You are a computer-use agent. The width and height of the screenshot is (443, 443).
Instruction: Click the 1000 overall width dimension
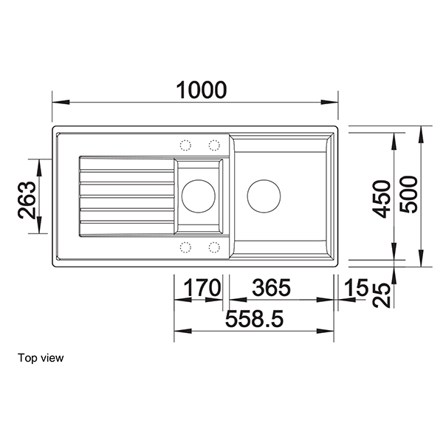(x=201, y=90)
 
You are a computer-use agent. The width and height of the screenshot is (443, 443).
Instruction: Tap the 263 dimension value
(x=27, y=199)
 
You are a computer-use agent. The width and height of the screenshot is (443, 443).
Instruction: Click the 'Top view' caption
(x=41, y=358)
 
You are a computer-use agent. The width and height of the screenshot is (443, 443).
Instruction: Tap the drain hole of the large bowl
(x=264, y=196)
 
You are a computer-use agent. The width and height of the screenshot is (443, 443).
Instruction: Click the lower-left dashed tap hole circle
(x=185, y=246)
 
